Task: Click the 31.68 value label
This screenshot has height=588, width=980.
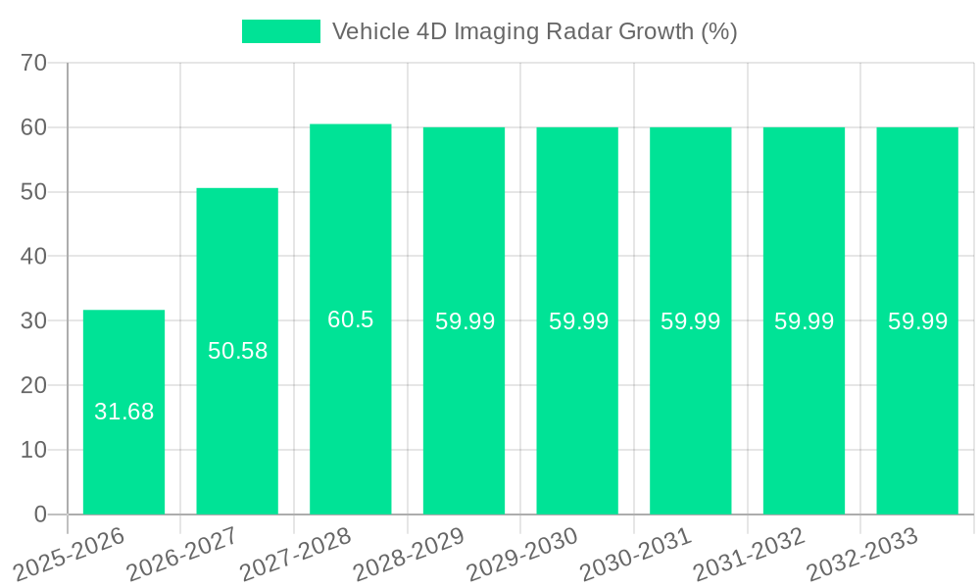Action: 123,412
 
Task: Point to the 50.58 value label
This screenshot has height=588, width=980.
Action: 237,351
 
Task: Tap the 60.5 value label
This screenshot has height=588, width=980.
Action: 350,319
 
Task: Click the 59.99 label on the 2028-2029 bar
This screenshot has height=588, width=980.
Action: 465,321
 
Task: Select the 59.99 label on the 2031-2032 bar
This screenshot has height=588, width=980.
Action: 804,321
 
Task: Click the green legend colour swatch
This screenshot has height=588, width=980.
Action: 280,31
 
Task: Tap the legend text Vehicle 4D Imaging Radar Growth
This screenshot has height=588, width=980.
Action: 534,31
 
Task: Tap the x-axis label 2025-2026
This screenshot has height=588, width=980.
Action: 71,555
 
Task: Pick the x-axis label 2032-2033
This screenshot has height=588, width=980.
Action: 863,555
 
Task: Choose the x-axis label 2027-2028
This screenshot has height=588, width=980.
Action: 297,555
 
